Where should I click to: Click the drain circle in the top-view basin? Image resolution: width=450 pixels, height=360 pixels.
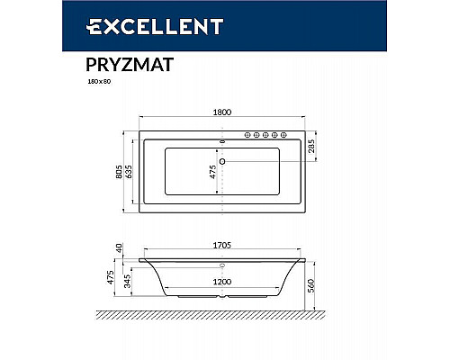click(223, 162)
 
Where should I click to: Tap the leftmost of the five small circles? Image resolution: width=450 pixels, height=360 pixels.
click(242, 136)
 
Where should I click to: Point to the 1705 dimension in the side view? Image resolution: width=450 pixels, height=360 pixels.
click(222, 242)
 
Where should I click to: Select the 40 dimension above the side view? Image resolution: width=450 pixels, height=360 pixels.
click(118, 247)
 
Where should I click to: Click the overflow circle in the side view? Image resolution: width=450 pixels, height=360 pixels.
click(223, 266)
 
